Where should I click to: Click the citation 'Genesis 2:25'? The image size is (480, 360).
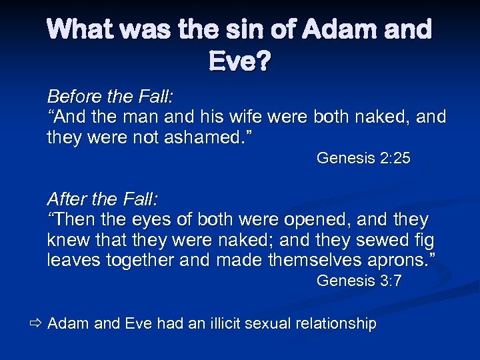pyautogui.click(x=363, y=158)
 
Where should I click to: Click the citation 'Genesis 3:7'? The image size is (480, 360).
pyautogui.click(x=359, y=281)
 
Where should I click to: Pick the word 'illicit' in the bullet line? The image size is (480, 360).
pyautogui.click(x=222, y=324)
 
